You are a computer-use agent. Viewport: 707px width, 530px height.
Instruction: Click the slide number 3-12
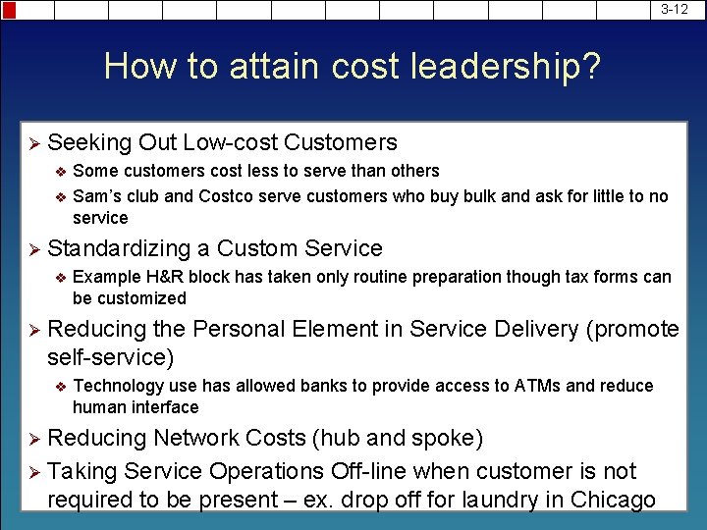tap(675, 9)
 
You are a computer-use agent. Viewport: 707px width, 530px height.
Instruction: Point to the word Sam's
tap(95, 196)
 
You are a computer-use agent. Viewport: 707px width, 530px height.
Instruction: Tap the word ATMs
tap(537, 386)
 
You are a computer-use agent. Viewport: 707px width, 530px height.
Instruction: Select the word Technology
tap(115, 386)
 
